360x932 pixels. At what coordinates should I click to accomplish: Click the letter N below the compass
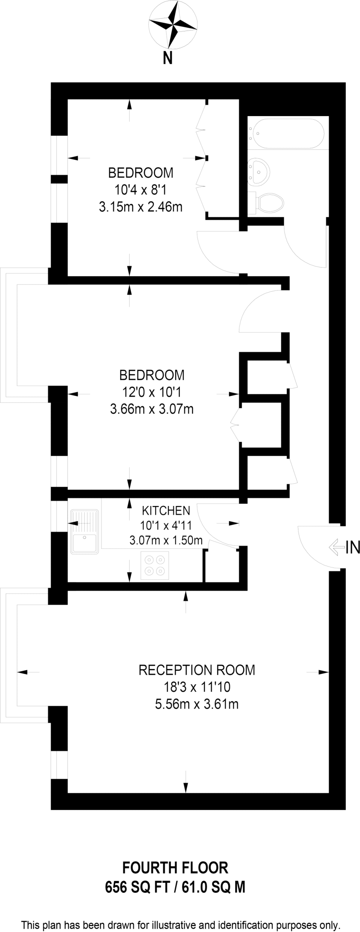click(x=168, y=59)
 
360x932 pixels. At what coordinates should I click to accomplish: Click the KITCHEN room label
click(x=166, y=510)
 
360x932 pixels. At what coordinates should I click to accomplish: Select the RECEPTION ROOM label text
click(x=197, y=670)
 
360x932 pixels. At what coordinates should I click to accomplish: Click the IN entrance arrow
click(x=336, y=547)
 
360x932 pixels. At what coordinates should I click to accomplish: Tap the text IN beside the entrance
click(x=353, y=547)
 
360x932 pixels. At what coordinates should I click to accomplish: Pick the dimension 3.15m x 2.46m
click(x=141, y=207)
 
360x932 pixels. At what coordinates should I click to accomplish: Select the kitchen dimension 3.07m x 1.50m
click(x=166, y=541)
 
